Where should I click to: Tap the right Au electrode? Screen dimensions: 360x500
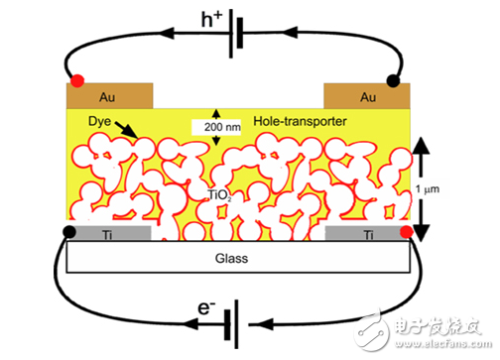[367, 97]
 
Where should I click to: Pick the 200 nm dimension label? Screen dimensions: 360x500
[216, 127]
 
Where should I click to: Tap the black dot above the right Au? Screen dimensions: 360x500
[393, 79]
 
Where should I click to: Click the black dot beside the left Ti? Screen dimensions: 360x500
[67, 233]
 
